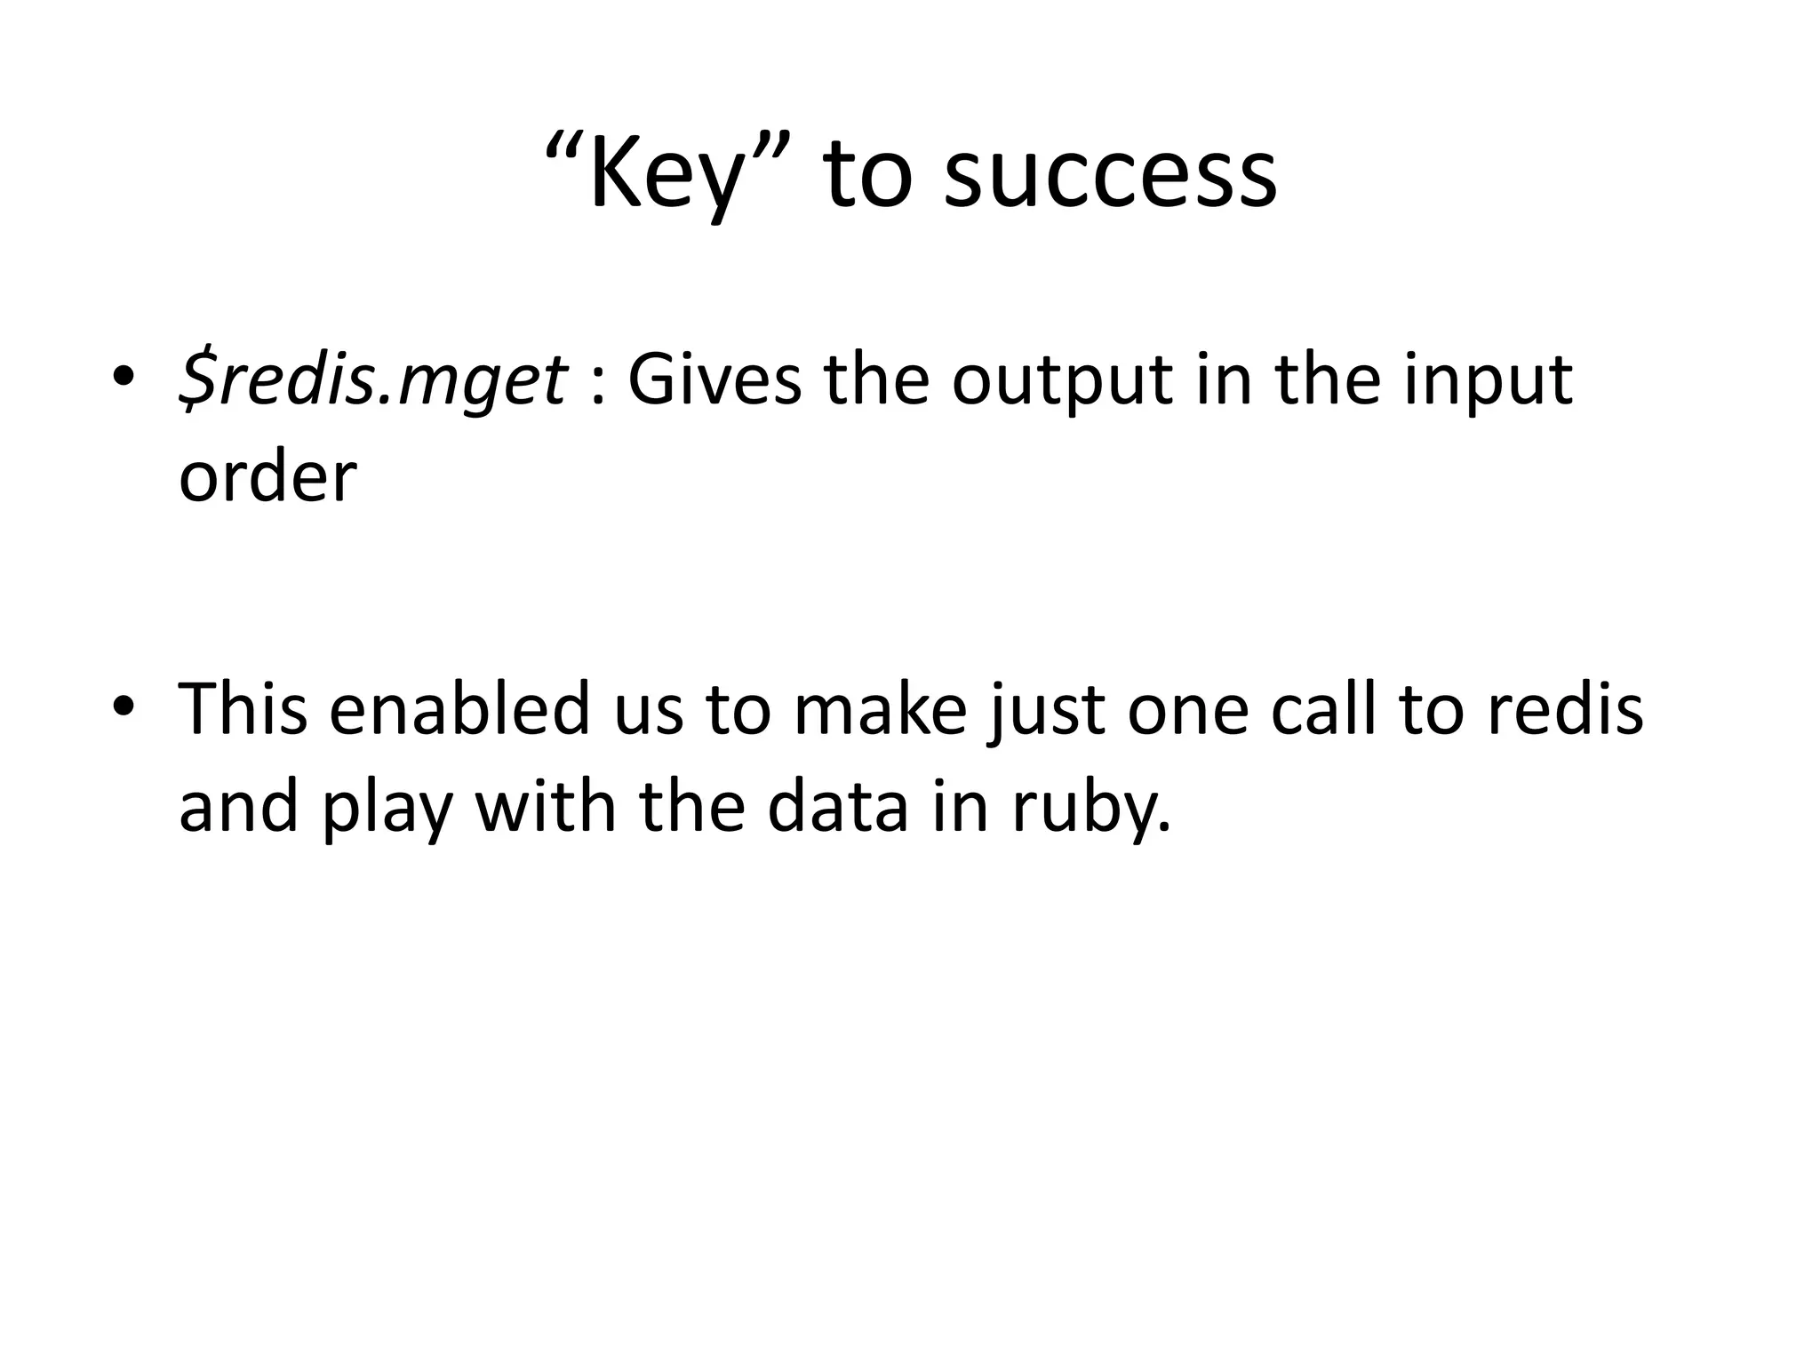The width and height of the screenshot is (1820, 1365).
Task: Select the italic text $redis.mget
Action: click(x=372, y=380)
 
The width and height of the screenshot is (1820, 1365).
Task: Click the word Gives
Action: click(x=714, y=380)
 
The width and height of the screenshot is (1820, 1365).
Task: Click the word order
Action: click(x=267, y=477)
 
